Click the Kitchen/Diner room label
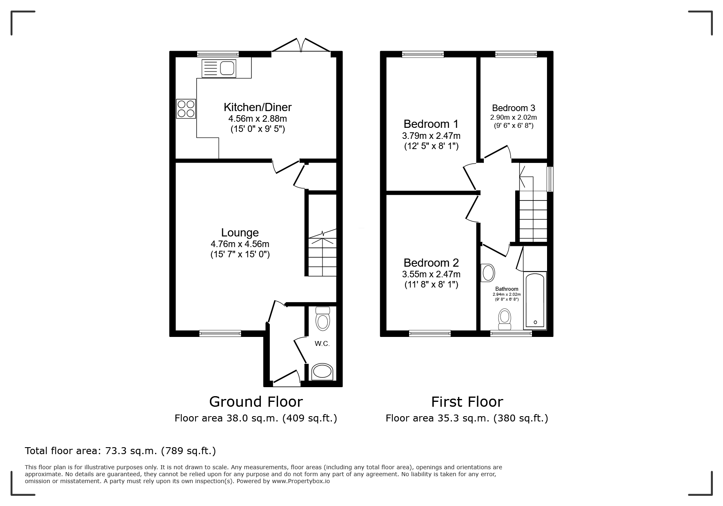[x=257, y=107]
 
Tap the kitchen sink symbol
[x=219, y=68]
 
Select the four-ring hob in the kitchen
[x=185, y=109]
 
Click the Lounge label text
[x=240, y=233]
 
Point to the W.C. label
[x=322, y=344]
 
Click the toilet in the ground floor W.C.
[x=323, y=319]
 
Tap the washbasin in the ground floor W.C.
[x=322, y=372]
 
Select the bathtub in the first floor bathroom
[x=535, y=301]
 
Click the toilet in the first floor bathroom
[x=505, y=319]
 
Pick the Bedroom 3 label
[x=513, y=108]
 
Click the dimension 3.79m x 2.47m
[x=431, y=136]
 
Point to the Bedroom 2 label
[x=431, y=263]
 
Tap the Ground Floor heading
[x=256, y=402]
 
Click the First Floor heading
[x=467, y=402]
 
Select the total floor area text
[x=120, y=451]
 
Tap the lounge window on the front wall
[x=220, y=334]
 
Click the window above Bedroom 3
[x=516, y=54]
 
